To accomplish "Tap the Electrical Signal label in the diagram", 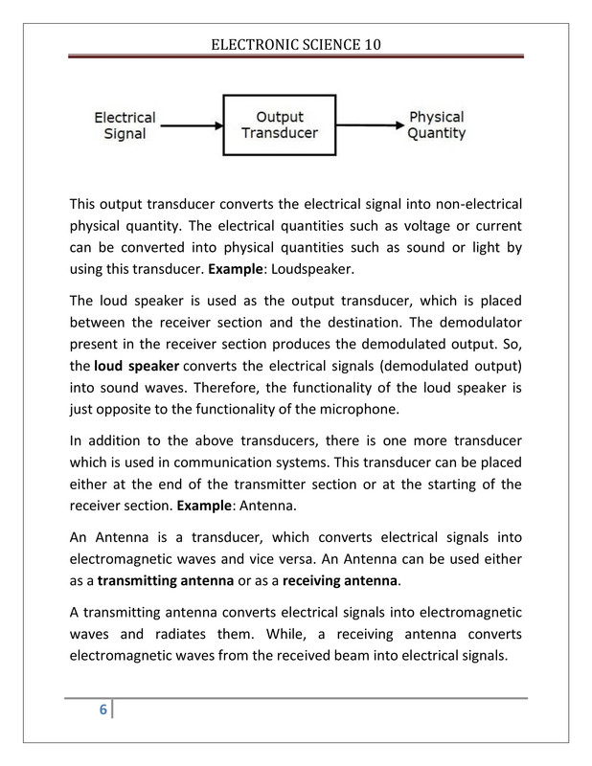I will click(125, 124).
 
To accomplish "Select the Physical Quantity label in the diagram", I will click(437, 124).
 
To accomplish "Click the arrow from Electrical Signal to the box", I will click(192, 124).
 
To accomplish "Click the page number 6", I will click(99, 710).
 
